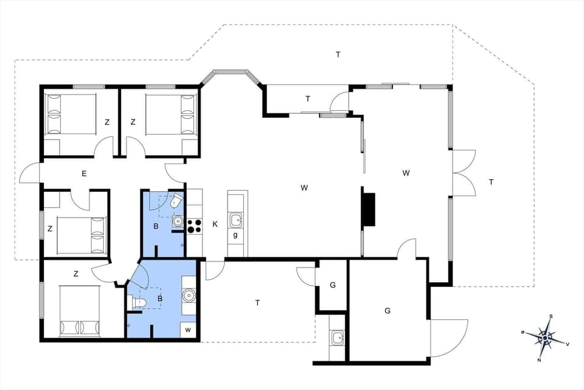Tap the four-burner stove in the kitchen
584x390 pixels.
[x=195, y=225]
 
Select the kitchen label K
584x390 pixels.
[x=215, y=224]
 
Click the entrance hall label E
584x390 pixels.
[x=84, y=174]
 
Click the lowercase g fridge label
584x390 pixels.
[x=235, y=235]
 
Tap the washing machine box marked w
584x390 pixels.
[x=188, y=330]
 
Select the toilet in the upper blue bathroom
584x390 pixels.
[x=176, y=200]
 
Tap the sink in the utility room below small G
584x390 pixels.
[x=337, y=337]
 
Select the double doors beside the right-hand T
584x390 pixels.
[x=463, y=172]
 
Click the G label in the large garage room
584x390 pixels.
[x=387, y=311]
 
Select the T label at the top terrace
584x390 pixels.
[x=338, y=55]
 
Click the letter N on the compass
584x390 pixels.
[x=540, y=360]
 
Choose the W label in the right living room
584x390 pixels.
[x=406, y=173]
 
